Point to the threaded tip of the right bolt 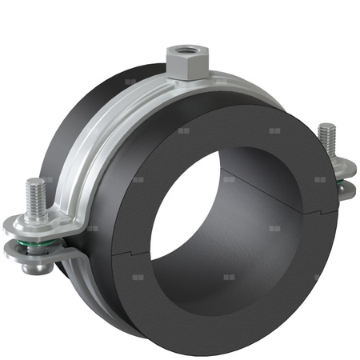[x=326, y=136]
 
